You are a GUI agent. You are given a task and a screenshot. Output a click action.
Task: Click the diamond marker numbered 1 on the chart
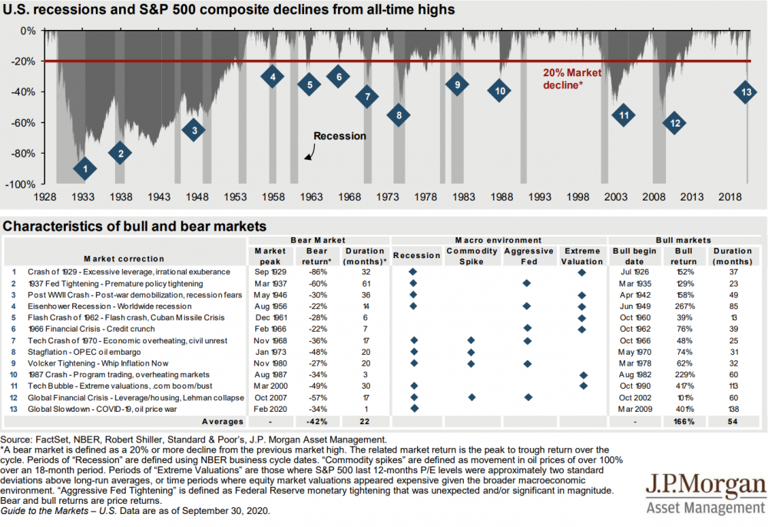point(85,168)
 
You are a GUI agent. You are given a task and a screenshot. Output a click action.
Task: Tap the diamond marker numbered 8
point(399,116)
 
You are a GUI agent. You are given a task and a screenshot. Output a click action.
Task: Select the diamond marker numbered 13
point(746,92)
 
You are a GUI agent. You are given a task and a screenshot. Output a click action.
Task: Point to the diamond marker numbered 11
point(624,115)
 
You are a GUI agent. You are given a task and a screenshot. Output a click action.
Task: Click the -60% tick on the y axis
point(27,123)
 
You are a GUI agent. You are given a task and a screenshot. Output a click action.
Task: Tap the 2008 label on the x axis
point(654,197)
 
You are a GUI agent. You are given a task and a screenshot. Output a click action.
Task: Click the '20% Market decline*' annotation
point(572,78)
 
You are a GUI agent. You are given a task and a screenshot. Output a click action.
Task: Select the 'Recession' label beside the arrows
point(339,136)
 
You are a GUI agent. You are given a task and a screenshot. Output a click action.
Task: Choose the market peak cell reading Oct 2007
point(270,397)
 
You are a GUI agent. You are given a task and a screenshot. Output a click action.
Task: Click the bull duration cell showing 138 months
point(733,409)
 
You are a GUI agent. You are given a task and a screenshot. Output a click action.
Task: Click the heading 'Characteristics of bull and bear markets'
point(135,227)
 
